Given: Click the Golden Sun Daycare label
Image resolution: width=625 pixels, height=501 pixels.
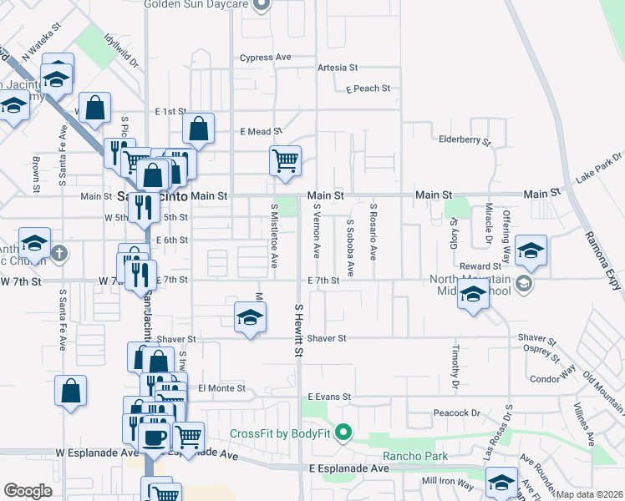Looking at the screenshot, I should pyautogui.click(x=196, y=4).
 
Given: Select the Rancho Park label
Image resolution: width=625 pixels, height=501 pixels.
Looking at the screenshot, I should pyautogui.click(x=415, y=456).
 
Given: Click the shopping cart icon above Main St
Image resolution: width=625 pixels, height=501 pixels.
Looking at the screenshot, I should pyautogui.click(x=285, y=159).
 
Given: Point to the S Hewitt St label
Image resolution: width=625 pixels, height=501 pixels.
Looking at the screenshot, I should pyautogui.click(x=298, y=331).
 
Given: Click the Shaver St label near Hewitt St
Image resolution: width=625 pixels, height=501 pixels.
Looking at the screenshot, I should pyautogui.click(x=326, y=338).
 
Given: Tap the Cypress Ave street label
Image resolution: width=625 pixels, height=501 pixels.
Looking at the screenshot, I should pyautogui.click(x=265, y=58).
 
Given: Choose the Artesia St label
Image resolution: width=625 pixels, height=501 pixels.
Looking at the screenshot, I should pyautogui.click(x=338, y=68).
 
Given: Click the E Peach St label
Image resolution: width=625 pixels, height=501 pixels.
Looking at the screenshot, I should pyautogui.click(x=362, y=88).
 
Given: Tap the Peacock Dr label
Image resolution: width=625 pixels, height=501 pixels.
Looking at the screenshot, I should pyautogui.click(x=456, y=413).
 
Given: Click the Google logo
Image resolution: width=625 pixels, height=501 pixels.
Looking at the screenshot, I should pyautogui.click(x=28, y=491).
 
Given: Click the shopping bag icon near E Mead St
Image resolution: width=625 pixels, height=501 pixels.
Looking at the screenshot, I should pyautogui.click(x=199, y=129).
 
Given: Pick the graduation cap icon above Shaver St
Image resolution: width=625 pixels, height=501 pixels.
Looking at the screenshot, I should pyautogui.click(x=249, y=316).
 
